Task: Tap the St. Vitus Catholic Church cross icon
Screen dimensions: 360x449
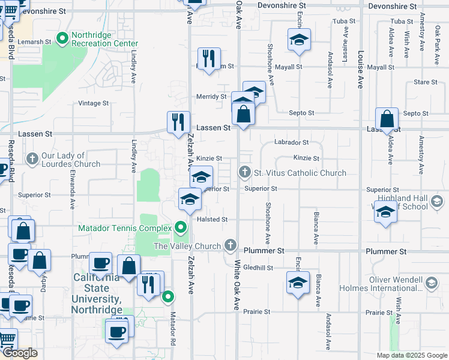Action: pyautogui.click(x=244, y=173)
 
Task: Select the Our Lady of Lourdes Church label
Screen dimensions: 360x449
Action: pyautogui.click(x=71, y=160)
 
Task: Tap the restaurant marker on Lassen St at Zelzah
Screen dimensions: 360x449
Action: pyautogui.click(x=178, y=122)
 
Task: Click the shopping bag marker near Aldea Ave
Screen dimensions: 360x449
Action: pyautogui.click(x=388, y=119)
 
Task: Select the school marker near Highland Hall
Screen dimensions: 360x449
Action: pyautogui.click(x=385, y=212)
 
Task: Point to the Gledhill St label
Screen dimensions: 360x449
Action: pyautogui.click(x=259, y=268)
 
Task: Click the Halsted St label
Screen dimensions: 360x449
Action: pyautogui.click(x=212, y=220)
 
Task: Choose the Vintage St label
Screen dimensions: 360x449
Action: pyautogui.click(x=94, y=103)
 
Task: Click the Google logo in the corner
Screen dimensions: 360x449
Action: pyautogui.click(x=20, y=353)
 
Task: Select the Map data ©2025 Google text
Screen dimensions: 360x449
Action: pyautogui.click(x=411, y=355)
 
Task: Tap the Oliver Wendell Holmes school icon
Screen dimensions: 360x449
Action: pyautogui.click(x=431, y=283)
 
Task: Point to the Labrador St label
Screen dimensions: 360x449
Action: pyautogui.click(x=291, y=143)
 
